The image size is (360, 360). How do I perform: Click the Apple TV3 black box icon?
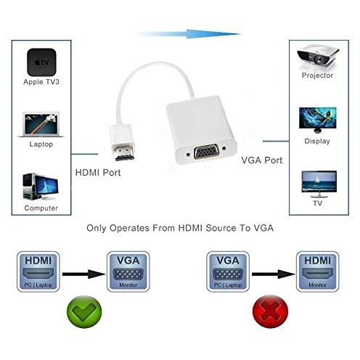41,62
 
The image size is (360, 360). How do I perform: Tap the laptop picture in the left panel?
41,124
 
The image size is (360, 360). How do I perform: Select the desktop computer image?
41,187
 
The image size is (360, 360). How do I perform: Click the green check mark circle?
84,312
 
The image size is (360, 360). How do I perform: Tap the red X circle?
270,311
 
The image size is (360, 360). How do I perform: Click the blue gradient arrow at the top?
188,34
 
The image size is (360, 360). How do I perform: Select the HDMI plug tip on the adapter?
125,153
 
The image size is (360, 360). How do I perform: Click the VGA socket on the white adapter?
207,151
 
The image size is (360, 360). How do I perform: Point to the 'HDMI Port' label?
98,173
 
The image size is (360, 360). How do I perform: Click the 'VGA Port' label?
262,160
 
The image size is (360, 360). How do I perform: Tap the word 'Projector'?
317,75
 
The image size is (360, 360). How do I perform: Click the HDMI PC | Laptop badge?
38,271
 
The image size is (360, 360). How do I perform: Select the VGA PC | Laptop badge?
228,271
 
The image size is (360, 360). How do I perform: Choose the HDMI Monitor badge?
317,271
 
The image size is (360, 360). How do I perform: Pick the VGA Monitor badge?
128,271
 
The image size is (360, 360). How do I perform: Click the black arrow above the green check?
83,274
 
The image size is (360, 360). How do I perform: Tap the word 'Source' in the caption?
221,228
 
